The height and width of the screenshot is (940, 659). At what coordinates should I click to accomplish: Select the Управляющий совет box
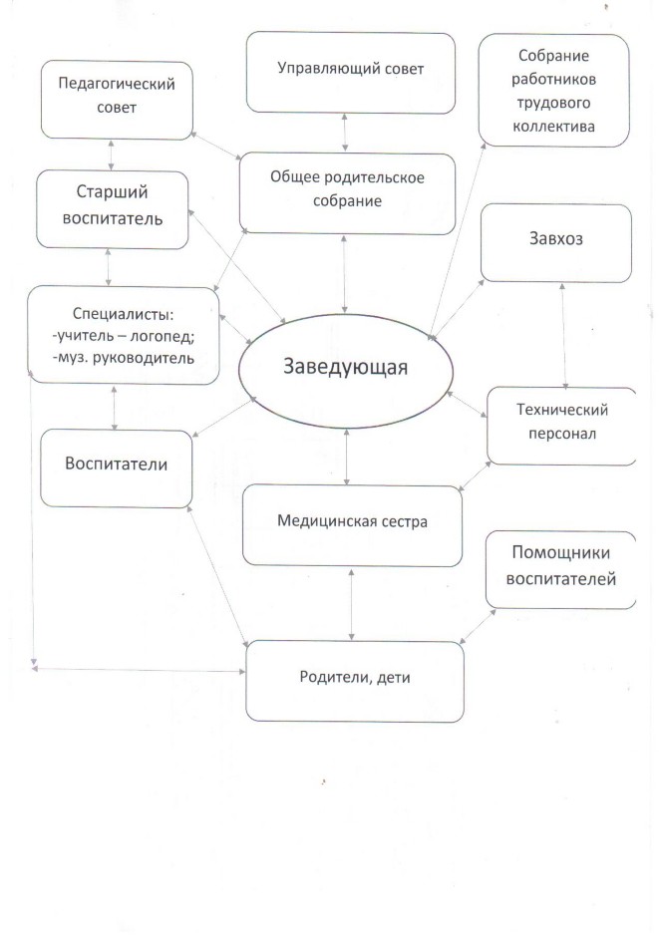click(351, 73)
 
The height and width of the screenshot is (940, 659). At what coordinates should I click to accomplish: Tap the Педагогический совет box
click(117, 100)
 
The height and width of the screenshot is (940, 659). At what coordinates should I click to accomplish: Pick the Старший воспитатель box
click(112, 209)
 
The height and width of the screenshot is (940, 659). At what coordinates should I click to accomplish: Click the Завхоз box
click(556, 243)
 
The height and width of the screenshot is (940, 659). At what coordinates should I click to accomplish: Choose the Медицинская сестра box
click(352, 525)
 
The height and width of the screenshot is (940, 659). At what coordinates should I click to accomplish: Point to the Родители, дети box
click(355, 681)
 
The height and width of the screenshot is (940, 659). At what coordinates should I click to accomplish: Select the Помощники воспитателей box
click(560, 570)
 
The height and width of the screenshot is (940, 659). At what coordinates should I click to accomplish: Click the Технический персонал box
click(561, 426)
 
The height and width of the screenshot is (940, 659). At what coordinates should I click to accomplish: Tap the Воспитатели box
click(117, 469)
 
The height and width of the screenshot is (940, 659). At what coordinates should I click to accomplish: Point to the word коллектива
click(554, 127)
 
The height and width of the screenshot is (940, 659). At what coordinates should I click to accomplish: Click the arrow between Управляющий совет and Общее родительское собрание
click(345, 134)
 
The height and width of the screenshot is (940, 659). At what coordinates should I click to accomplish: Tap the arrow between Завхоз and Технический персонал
click(563, 336)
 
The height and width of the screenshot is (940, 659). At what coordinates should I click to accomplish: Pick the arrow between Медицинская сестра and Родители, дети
click(351, 604)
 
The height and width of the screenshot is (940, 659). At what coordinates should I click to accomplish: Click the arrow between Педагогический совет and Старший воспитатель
click(112, 156)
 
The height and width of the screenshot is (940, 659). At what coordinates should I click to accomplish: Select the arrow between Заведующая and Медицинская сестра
click(347, 457)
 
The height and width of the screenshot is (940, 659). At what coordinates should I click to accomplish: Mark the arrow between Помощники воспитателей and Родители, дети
click(478, 626)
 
